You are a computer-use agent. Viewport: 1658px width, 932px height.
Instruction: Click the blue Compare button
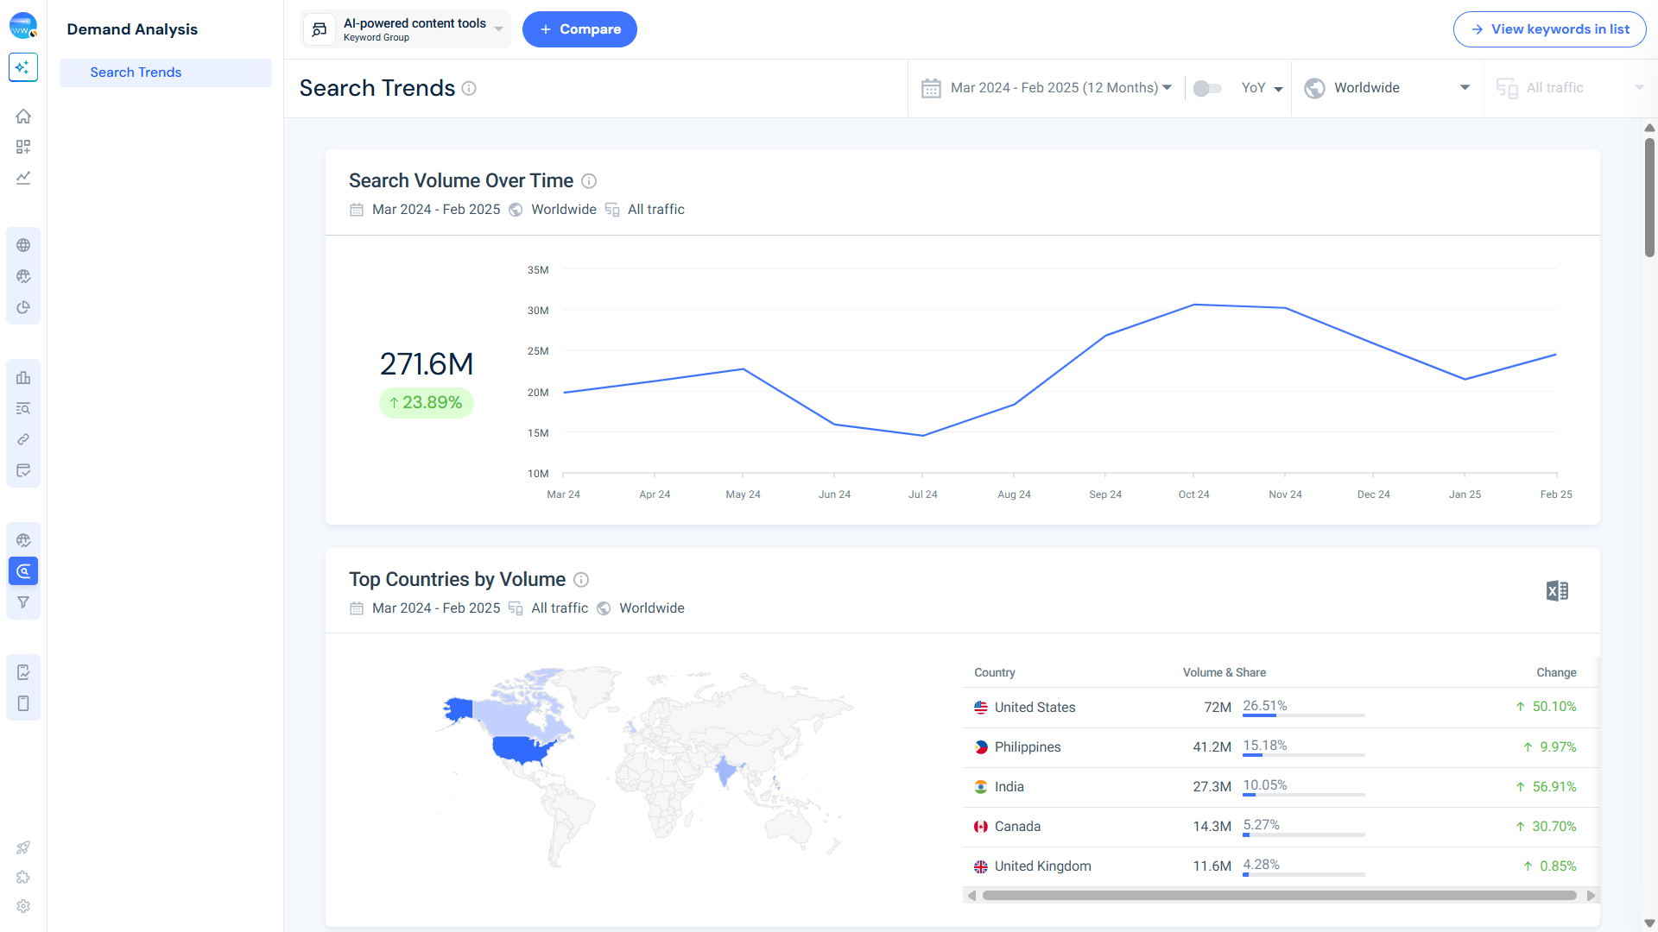tap(579, 29)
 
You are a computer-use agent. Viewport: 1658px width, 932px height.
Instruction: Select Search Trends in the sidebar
tap(136, 72)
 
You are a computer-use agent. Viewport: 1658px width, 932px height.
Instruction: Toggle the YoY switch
tap(1206, 88)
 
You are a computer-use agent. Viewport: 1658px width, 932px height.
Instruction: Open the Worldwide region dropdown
tap(1387, 88)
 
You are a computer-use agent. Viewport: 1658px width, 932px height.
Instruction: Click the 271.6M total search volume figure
tap(427, 364)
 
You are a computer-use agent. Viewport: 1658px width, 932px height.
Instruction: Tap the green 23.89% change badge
tap(427, 403)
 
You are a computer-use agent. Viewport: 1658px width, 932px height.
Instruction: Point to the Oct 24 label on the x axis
tap(1193, 494)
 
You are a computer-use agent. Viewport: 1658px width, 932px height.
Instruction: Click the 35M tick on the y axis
tap(538, 270)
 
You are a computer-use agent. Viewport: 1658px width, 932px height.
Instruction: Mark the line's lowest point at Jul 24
tap(922, 435)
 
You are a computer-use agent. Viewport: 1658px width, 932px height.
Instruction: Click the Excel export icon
tap(1557, 591)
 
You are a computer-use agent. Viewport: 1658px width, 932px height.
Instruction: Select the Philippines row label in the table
tap(1027, 747)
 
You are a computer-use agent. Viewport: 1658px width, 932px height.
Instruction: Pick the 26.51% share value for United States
tap(1264, 706)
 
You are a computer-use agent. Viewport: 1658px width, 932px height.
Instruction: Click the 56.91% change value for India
tap(1554, 787)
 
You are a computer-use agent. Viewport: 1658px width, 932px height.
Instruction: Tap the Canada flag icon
tap(981, 827)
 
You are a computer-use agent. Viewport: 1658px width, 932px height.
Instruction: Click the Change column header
tap(1556, 673)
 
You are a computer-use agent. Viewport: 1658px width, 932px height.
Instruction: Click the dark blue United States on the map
tap(521, 748)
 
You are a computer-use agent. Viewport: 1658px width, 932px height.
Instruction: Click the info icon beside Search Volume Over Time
tap(589, 181)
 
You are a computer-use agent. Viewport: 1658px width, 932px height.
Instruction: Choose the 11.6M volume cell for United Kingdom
tap(1212, 866)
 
